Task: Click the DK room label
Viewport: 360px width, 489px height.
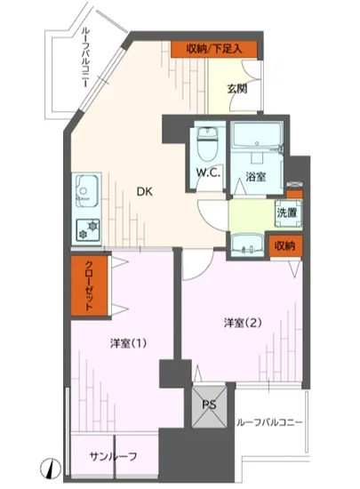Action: pyautogui.click(x=143, y=188)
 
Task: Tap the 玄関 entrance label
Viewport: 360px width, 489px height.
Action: pyautogui.click(x=236, y=87)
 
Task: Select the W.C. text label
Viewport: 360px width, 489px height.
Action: pyautogui.click(x=209, y=172)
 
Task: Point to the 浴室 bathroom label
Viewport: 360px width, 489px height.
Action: pyautogui.click(x=256, y=176)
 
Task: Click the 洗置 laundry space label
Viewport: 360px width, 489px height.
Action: pyautogui.click(x=286, y=212)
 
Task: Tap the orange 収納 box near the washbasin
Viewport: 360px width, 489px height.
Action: pyautogui.click(x=284, y=245)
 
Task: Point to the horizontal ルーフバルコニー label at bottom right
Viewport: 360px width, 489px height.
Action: pyautogui.click(x=270, y=422)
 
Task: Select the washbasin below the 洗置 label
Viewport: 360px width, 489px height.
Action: pyautogui.click(x=250, y=242)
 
